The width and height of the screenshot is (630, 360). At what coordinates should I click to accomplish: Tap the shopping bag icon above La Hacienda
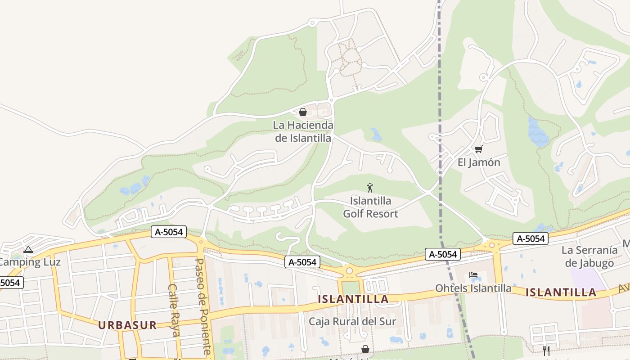[x=303, y=112]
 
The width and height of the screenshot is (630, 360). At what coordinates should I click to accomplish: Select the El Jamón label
[x=479, y=162]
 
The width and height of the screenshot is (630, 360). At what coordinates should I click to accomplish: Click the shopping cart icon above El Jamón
[x=478, y=149]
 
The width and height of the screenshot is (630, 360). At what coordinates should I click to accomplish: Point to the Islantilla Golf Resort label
[x=370, y=207]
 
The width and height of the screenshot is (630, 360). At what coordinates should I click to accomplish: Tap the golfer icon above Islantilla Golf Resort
[x=370, y=188]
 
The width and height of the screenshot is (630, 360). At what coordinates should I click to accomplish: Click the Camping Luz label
[x=30, y=262]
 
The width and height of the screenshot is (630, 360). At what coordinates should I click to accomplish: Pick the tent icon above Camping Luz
[x=28, y=250]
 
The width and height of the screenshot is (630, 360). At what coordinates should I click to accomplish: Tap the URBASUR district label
[x=127, y=325]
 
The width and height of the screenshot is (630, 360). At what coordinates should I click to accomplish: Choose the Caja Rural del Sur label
[x=352, y=321]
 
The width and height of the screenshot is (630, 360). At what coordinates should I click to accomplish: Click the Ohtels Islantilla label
[x=473, y=288]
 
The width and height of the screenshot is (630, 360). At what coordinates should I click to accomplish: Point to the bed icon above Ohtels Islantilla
[x=473, y=274]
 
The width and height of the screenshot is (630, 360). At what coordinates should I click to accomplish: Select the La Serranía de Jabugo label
[x=589, y=256]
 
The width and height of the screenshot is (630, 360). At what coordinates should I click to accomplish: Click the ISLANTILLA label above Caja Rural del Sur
[x=353, y=299]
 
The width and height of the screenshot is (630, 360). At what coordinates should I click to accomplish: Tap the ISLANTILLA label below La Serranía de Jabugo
[x=561, y=292]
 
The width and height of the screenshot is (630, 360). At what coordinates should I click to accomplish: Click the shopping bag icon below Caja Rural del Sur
[x=365, y=349]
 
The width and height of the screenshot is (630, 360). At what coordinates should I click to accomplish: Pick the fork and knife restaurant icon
[x=546, y=351]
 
